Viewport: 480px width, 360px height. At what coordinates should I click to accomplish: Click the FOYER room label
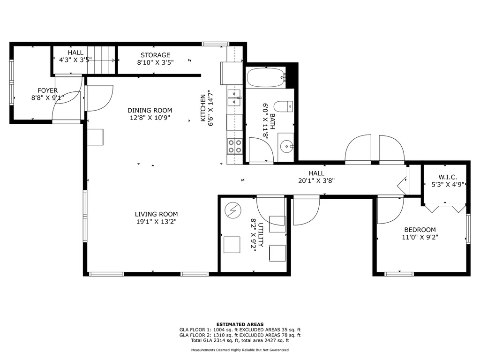pyautogui.click(x=47, y=90)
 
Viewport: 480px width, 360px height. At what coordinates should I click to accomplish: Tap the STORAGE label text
pyautogui.click(x=155, y=55)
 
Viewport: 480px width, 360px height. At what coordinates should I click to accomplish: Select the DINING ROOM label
pyautogui.click(x=150, y=110)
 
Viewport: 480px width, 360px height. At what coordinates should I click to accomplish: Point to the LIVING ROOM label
pyautogui.click(x=156, y=214)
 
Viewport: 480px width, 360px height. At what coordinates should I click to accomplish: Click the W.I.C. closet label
pyautogui.click(x=448, y=177)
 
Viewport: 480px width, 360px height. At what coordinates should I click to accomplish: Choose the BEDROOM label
pyautogui.click(x=420, y=230)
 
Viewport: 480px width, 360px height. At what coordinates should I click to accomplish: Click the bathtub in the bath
pyautogui.click(x=266, y=77)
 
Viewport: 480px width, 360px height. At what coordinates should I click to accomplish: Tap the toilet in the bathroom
pyautogui.click(x=283, y=106)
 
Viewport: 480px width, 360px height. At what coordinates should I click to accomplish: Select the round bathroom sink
pyautogui.click(x=286, y=147)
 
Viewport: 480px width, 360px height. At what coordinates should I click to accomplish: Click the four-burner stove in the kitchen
pyautogui.click(x=234, y=146)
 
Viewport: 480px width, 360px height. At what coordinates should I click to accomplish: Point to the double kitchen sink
pyautogui.click(x=234, y=97)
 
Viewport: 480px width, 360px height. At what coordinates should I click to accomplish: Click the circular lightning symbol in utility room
pyautogui.click(x=233, y=210)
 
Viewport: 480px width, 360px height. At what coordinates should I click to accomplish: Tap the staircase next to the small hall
pyautogui.click(x=101, y=60)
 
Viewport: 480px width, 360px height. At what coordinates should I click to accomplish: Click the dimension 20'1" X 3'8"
pyautogui.click(x=316, y=181)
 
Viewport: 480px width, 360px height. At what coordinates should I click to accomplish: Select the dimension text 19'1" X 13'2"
pyautogui.click(x=157, y=221)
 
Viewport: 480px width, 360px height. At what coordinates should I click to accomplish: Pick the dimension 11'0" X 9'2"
pyautogui.click(x=420, y=237)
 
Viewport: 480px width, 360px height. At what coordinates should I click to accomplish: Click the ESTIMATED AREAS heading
pyautogui.click(x=240, y=324)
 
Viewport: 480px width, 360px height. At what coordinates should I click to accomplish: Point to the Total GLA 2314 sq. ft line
pyautogui.click(x=240, y=340)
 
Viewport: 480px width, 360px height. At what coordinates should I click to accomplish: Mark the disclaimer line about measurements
pyautogui.click(x=240, y=350)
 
